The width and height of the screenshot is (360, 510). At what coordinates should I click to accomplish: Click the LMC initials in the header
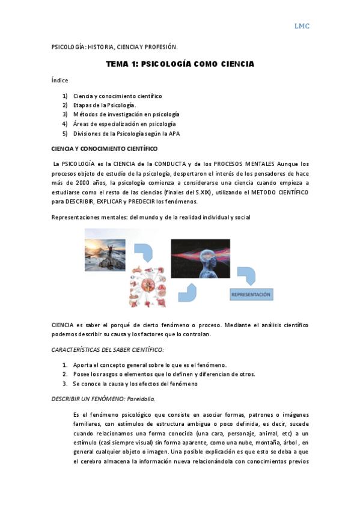(301, 26)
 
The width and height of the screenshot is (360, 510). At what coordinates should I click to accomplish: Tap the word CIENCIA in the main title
(233, 64)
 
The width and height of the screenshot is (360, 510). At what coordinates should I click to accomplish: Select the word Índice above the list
(60, 80)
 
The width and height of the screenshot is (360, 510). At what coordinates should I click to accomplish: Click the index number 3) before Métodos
(65, 114)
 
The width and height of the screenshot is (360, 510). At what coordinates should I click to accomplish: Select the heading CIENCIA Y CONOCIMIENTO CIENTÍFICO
(105, 149)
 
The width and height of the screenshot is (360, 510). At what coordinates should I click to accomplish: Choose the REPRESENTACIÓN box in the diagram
(251, 295)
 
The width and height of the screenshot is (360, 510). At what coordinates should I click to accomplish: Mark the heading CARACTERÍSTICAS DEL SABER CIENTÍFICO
(108, 349)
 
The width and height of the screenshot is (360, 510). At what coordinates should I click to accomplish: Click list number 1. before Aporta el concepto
(65, 365)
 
